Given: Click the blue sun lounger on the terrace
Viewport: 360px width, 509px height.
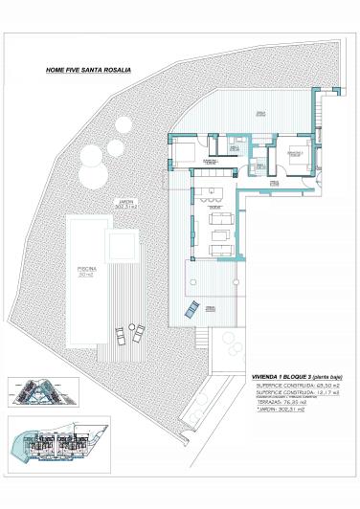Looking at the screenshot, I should (x=191, y=307).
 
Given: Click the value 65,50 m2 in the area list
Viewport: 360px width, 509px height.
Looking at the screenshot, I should (x=323, y=387).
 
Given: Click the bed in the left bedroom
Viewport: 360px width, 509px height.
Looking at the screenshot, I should (x=187, y=151).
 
